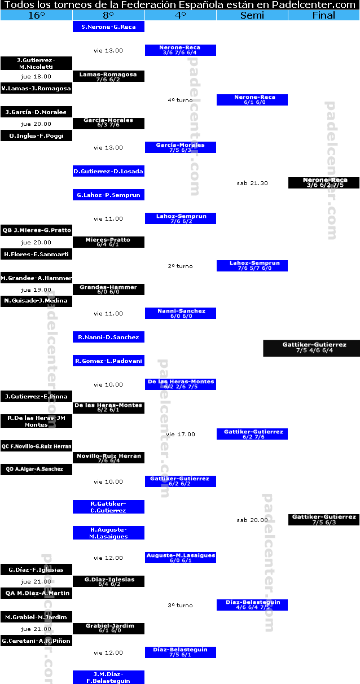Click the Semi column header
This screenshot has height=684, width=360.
[252, 15]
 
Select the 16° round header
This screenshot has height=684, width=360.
[37, 15]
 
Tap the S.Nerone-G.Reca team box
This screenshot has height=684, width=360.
[108, 27]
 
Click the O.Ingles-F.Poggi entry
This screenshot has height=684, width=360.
[37, 135]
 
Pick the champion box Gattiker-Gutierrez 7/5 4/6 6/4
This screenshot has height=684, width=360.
[311, 348]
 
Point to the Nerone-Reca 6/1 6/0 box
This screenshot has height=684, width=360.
[252, 100]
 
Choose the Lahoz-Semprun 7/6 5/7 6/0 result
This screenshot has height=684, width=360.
[252, 266]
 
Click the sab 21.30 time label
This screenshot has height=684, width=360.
[252, 183]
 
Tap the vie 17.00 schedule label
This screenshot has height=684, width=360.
[181, 434]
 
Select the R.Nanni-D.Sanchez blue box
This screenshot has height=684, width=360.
[108, 337]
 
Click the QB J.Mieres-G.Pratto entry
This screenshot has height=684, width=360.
[37, 230]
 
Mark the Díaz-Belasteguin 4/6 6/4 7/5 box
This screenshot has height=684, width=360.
[252, 605]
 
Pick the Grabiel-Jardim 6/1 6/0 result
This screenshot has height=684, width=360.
[108, 629]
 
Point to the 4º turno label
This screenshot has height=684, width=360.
[181, 100]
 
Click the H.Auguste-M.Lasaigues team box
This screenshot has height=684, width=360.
[108, 533]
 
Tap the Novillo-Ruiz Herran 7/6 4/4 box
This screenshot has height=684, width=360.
[108, 458]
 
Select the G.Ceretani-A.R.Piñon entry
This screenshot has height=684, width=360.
[37, 641]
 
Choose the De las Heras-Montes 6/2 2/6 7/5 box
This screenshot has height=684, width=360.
[181, 384]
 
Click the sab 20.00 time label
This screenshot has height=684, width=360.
[252, 520]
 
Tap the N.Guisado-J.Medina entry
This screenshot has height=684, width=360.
[37, 301]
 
